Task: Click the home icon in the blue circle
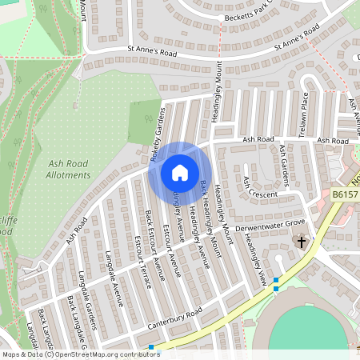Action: (x=179, y=172)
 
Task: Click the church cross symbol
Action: (x=302, y=241)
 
